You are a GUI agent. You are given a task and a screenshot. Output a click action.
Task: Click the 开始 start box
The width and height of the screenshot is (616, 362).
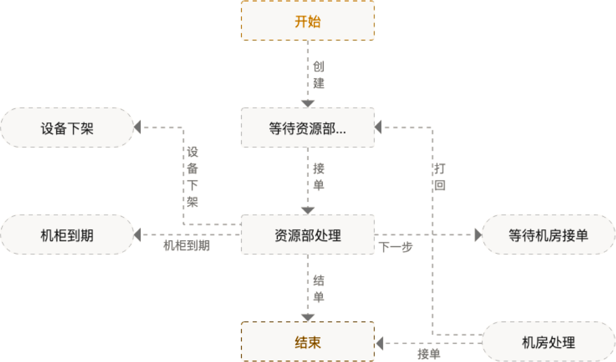[307, 21]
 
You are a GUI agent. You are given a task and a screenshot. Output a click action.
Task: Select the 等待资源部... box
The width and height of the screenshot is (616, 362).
[307, 128]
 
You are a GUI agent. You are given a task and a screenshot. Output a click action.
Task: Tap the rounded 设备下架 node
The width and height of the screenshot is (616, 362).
[67, 128]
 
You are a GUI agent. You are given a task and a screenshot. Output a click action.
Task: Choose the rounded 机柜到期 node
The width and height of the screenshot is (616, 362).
[67, 235]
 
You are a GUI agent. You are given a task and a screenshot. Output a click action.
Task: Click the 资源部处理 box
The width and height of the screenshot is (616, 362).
[307, 235]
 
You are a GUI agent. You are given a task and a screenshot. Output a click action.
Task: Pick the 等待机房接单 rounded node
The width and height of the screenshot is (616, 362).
[548, 235]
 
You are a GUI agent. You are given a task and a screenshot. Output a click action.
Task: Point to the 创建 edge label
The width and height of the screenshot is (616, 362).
[319, 75]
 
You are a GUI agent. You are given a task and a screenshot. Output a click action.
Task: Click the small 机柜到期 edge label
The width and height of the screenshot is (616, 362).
[186, 246]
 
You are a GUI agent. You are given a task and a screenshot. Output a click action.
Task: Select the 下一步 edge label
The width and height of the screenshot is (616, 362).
[396, 248]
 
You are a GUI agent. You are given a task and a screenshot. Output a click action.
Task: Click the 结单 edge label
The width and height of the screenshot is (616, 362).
[319, 288]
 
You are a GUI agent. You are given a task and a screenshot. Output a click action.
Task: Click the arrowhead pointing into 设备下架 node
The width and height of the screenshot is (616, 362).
[137, 128]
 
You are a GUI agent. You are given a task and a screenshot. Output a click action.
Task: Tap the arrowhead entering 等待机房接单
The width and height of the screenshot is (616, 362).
[478, 235]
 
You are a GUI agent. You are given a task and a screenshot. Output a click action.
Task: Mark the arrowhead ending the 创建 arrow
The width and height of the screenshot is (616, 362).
[307, 103]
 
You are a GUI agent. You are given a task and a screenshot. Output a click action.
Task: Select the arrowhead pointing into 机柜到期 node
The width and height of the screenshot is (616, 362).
[137, 235]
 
